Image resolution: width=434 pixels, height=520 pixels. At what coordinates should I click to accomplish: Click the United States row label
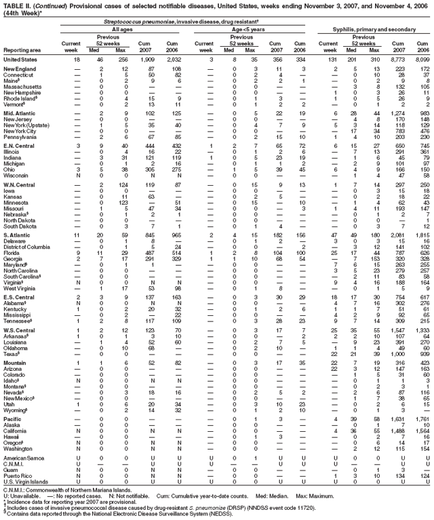(22, 60)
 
